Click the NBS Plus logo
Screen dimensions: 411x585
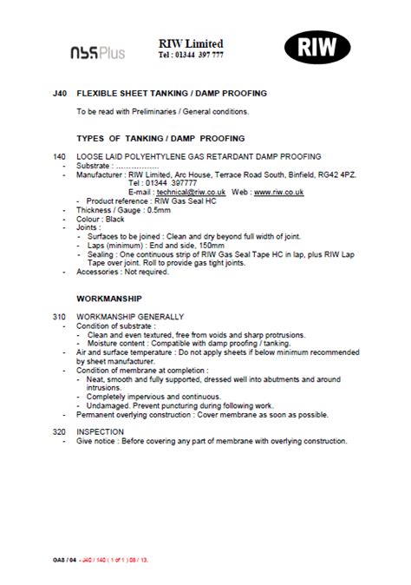[97, 52]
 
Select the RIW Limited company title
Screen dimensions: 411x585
[191, 43]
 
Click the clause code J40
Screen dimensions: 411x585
[59, 93]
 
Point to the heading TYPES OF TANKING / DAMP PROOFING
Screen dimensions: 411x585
[160, 138]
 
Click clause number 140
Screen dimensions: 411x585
[59, 156]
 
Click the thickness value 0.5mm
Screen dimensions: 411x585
[160, 211]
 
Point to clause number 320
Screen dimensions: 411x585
[59, 431]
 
